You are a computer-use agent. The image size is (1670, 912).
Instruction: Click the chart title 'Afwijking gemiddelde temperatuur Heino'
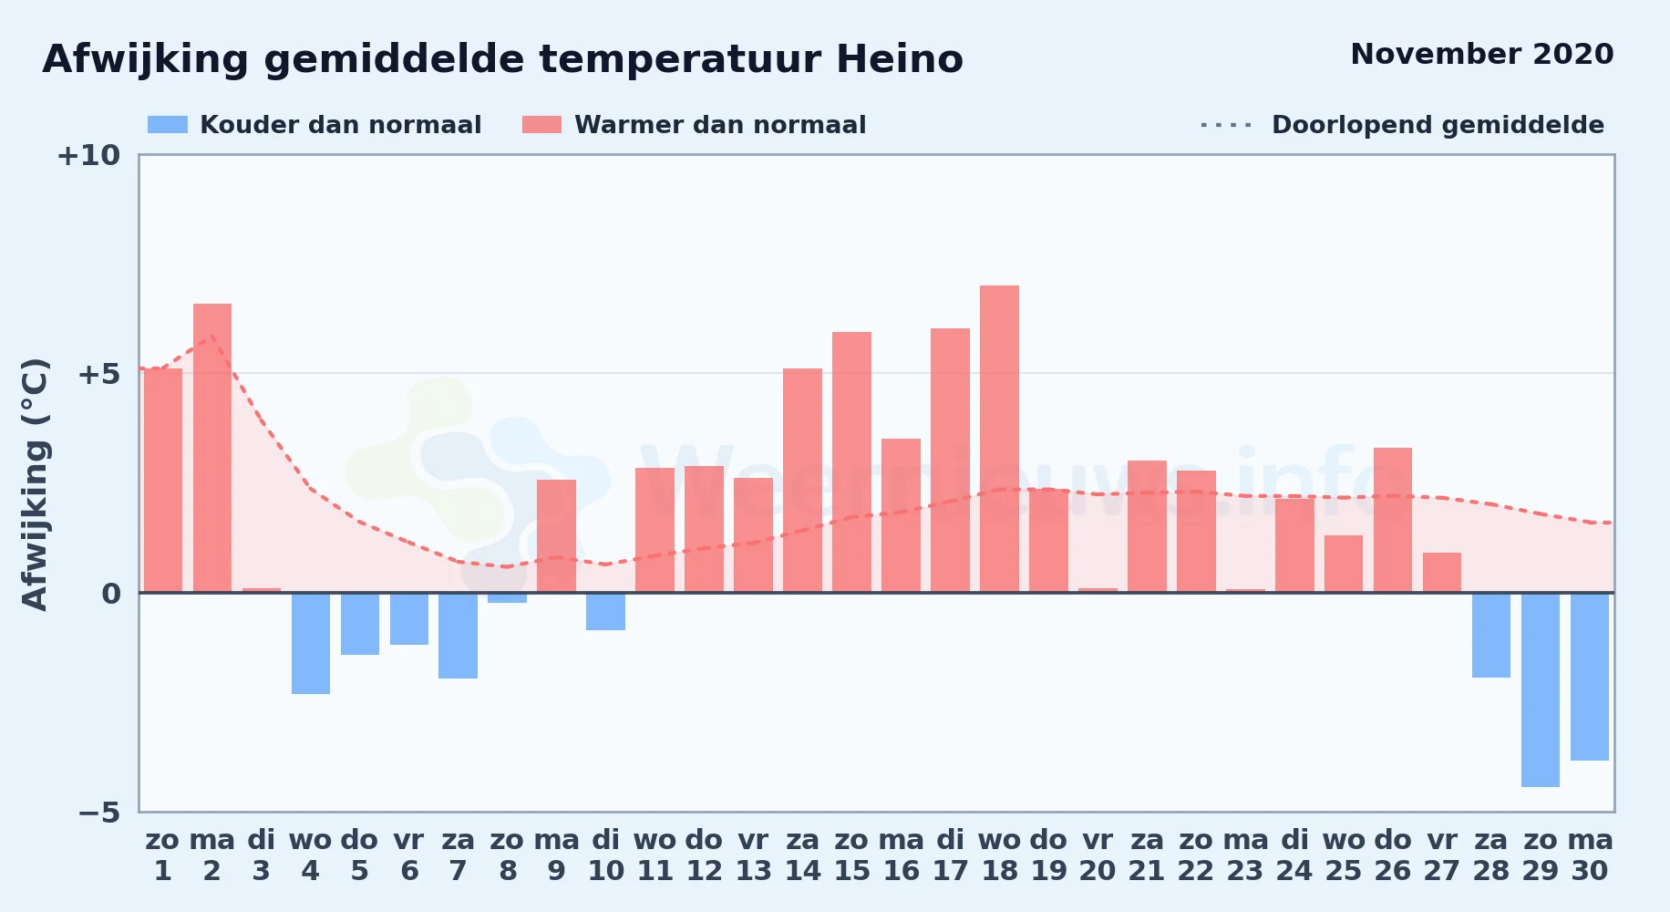pyautogui.click(x=502, y=60)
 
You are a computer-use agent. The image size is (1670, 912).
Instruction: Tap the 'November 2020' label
pyautogui.click(x=1481, y=54)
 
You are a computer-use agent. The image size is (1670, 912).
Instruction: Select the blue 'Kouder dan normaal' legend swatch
pyautogui.click(x=168, y=125)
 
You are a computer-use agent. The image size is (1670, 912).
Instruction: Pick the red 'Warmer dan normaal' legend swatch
pyautogui.click(x=541, y=125)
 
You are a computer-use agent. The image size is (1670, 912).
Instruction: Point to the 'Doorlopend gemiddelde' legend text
pyautogui.click(x=1438, y=125)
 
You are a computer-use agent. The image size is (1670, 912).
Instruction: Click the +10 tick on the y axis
pyautogui.click(x=88, y=156)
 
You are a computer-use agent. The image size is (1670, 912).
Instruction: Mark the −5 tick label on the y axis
pyautogui.click(x=98, y=813)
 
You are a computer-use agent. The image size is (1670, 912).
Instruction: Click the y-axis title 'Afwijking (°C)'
pyautogui.click(x=35, y=483)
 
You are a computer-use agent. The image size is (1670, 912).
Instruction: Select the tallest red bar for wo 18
pyautogui.click(x=999, y=439)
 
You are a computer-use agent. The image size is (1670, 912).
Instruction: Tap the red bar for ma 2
pyautogui.click(x=212, y=448)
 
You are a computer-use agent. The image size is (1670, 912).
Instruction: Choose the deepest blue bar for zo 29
pyautogui.click(x=1541, y=689)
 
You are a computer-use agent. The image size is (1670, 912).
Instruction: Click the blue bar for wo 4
pyautogui.click(x=311, y=643)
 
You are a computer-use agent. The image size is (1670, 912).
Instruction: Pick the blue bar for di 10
pyautogui.click(x=606, y=611)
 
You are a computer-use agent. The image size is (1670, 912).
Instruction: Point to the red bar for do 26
pyautogui.click(x=1393, y=520)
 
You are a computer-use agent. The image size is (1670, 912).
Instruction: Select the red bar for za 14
pyautogui.click(x=802, y=481)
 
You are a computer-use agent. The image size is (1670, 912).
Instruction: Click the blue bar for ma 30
pyautogui.click(x=1590, y=677)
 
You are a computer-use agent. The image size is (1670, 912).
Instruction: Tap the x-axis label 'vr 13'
pyautogui.click(x=753, y=855)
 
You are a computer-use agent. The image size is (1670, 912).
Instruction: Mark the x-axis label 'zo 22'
pyautogui.click(x=1196, y=855)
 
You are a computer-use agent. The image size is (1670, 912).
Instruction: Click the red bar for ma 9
pyautogui.click(x=556, y=536)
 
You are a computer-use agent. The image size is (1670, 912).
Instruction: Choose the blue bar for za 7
pyautogui.click(x=459, y=636)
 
